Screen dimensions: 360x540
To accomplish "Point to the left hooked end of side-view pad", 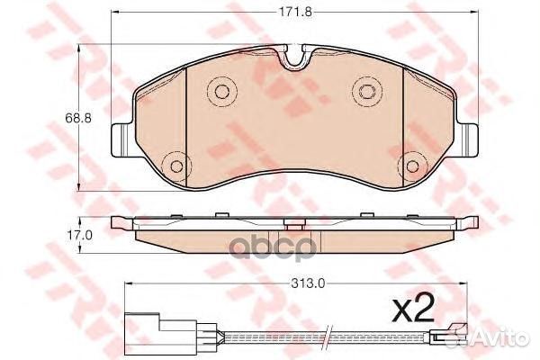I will click(x=119, y=222).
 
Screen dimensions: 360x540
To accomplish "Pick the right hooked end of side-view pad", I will click(x=469, y=222).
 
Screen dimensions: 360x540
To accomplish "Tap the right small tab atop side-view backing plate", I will click(x=367, y=216).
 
